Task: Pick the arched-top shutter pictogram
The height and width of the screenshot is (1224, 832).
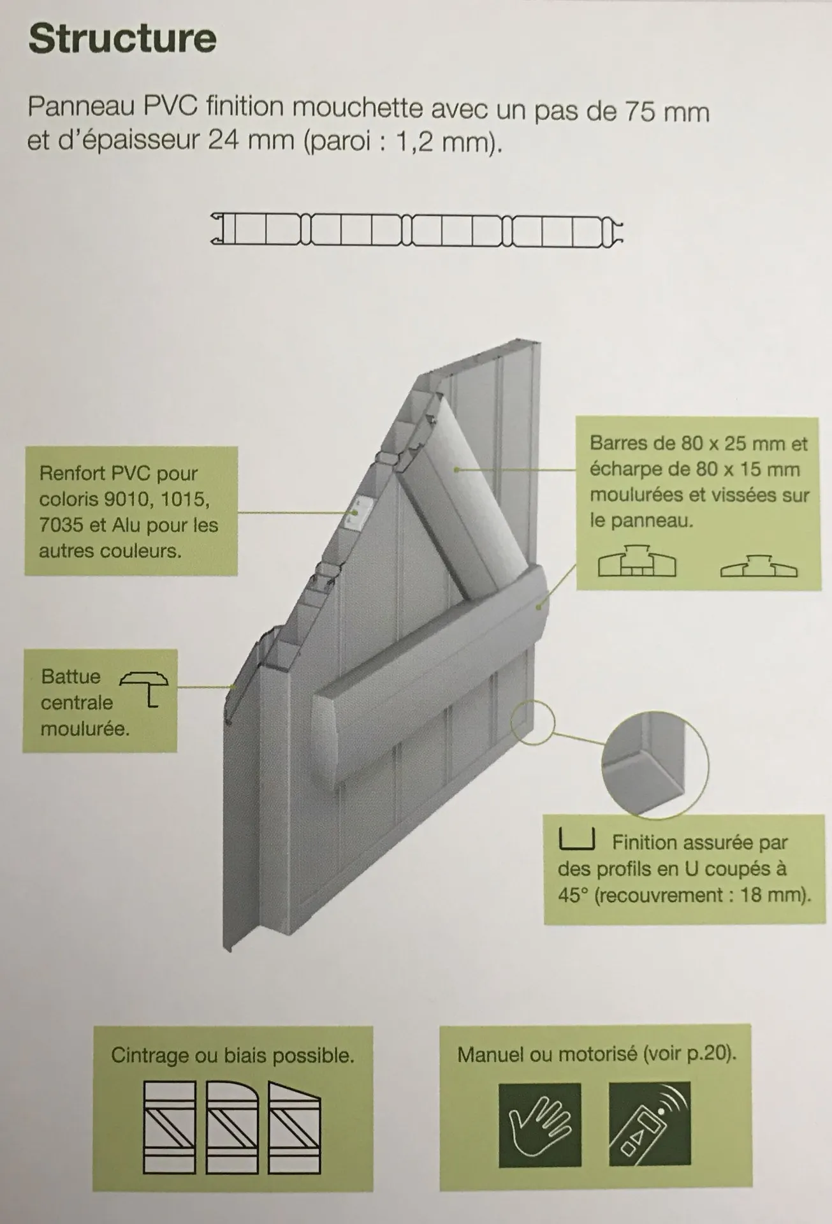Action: [232, 1127]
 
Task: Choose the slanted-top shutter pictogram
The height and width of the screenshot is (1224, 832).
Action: [294, 1127]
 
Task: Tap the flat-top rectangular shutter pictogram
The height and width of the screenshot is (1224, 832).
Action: [170, 1127]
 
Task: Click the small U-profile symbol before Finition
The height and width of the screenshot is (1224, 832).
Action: [576, 840]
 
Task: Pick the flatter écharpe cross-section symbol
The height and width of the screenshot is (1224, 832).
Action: [759, 565]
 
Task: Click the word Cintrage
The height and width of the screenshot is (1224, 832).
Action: [150, 1055]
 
